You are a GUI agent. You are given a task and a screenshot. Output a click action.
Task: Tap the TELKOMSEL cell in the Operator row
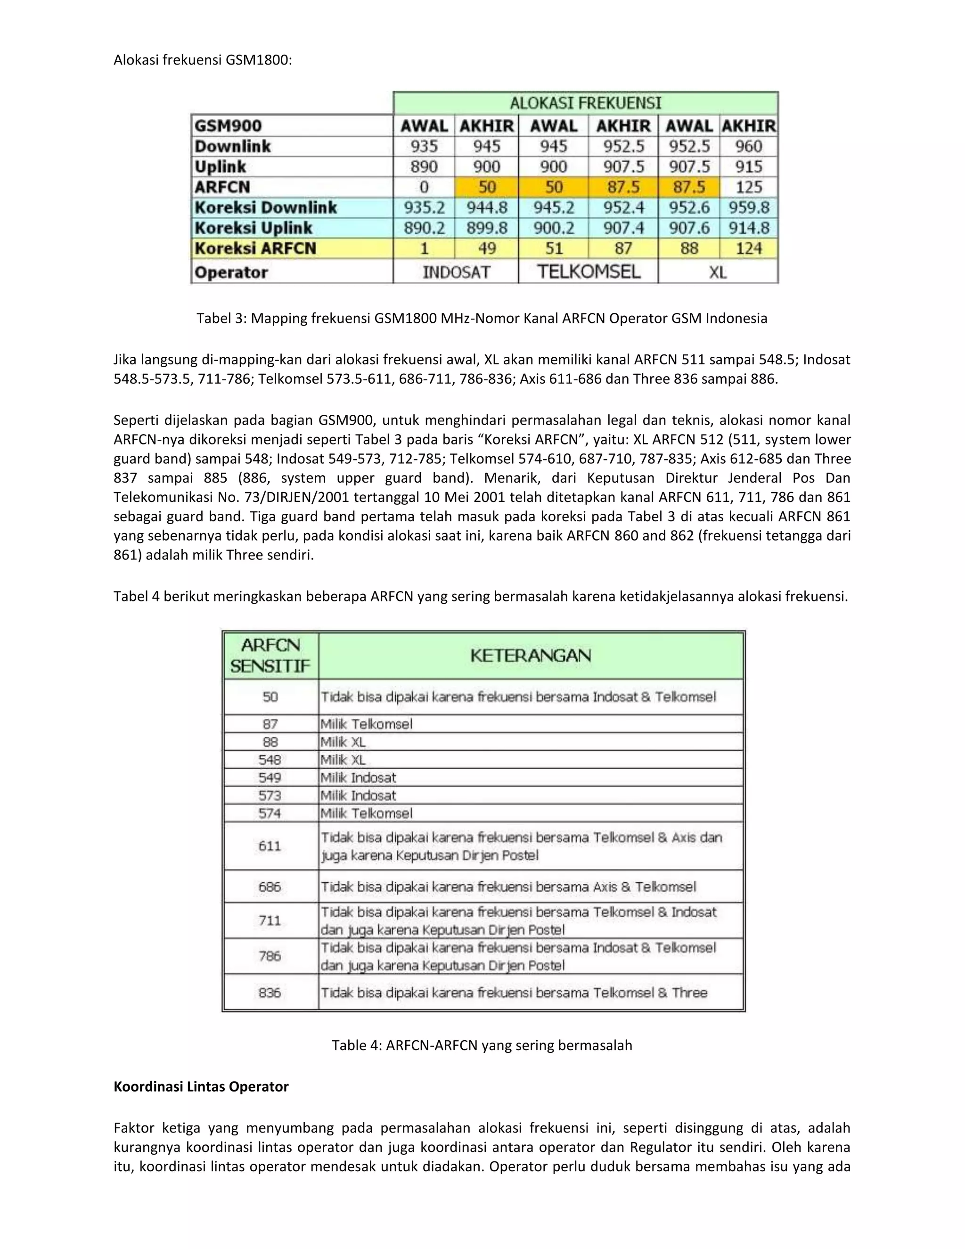(588, 271)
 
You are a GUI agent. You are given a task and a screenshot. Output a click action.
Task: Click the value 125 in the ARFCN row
(749, 187)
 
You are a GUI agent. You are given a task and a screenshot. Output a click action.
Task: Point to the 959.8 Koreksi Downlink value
(749, 207)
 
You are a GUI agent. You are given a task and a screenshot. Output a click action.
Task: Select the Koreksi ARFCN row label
(255, 248)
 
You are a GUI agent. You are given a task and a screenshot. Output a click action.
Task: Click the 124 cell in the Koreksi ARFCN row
(749, 248)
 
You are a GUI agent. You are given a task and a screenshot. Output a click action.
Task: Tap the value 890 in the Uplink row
(424, 166)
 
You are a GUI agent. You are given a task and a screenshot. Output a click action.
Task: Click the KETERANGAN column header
(531, 656)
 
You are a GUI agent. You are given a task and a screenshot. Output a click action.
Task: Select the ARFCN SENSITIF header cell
(270, 656)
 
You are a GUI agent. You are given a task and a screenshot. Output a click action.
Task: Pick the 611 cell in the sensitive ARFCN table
(270, 846)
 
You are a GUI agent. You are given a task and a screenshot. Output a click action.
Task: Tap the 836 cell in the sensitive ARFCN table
(270, 992)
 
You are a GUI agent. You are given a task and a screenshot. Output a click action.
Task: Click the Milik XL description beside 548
(343, 759)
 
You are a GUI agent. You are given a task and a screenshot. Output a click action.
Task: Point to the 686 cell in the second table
(270, 887)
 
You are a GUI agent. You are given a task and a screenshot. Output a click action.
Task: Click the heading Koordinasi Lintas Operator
(201, 1086)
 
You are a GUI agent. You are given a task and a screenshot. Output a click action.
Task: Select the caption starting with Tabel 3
(482, 318)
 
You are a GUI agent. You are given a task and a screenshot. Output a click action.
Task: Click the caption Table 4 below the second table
(482, 1045)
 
